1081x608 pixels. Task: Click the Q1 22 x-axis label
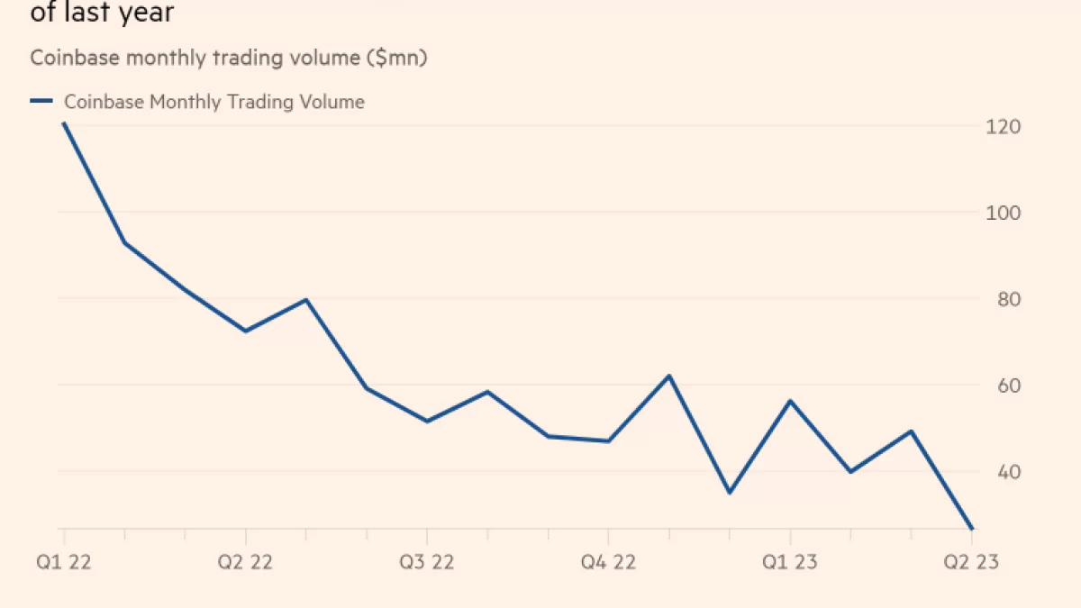tap(63, 562)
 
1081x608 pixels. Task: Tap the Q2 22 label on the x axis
tap(245, 562)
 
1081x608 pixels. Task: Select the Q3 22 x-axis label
tap(427, 562)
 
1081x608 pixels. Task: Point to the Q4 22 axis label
tap(608, 562)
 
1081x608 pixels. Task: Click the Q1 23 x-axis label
tap(790, 562)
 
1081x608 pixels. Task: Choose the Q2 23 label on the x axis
tap(971, 562)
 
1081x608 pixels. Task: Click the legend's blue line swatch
tap(41, 102)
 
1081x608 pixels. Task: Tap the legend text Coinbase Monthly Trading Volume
tap(214, 102)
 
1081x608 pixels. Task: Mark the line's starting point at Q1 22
tap(63, 123)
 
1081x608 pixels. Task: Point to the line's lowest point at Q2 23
tap(971, 529)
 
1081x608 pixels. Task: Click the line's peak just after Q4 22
tap(668, 376)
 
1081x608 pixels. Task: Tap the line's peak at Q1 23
tap(790, 401)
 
